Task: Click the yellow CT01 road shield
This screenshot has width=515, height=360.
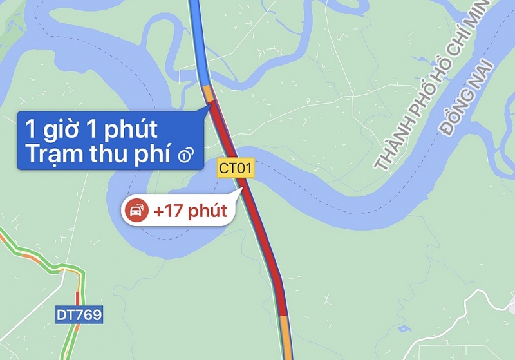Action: [236, 169]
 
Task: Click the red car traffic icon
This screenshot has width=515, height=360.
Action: [136, 211]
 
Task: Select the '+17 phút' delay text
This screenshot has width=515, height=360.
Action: [190, 211]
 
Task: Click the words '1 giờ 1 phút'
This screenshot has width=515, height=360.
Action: [90, 129]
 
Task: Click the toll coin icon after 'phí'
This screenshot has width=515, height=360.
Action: [185, 155]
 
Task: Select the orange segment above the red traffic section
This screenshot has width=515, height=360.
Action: [208, 93]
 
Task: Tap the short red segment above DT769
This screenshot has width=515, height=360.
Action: [78, 298]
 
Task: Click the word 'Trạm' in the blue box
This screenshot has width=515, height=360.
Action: [48, 155]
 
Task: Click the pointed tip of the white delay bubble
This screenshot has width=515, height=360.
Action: [234, 191]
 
